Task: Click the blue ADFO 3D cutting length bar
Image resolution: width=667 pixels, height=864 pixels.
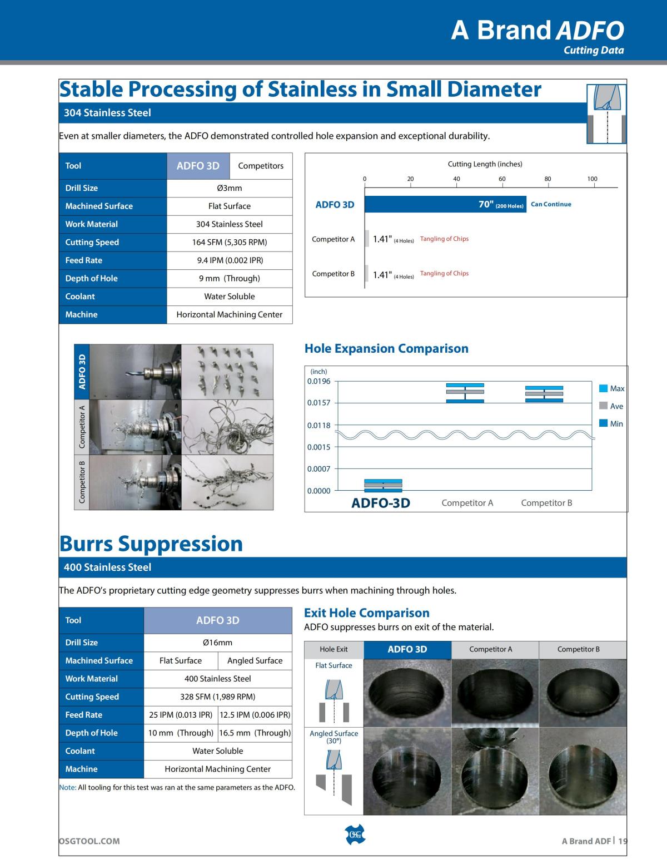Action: pyautogui.click(x=445, y=204)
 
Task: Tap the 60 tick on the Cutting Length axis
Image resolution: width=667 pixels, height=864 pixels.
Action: pyautogui.click(x=502, y=179)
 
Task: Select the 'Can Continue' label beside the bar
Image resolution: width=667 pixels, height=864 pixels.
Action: pyautogui.click(x=551, y=204)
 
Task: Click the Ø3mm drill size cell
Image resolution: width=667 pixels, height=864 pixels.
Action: pyautogui.click(x=230, y=188)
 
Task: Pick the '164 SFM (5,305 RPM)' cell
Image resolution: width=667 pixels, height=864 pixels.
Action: pyautogui.click(x=230, y=242)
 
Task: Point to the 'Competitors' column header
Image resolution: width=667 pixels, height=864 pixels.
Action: pyautogui.click(x=261, y=166)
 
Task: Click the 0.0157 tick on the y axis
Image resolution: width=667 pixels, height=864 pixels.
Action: pyautogui.click(x=318, y=403)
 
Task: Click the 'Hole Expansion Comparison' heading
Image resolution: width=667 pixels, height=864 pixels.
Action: pyautogui.click(x=386, y=349)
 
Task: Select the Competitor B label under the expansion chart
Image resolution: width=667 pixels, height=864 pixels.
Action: pyautogui.click(x=546, y=503)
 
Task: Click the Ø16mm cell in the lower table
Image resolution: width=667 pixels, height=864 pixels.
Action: pyautogui.click(x=218, y=643)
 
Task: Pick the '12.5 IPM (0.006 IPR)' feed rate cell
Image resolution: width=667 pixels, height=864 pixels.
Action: pyautogui.click(x=255, y=715)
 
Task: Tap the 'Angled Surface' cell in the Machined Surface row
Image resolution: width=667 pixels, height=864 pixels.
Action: pyautogui.click(x=255, y=661)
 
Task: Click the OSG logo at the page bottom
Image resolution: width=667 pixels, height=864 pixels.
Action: pyautogui.click(x=356, y=835)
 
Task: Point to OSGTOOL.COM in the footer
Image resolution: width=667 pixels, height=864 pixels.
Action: pyautogui.click(x=89, y=841)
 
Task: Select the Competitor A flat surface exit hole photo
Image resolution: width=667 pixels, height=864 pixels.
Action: pyautogui.click(x=495, y=693)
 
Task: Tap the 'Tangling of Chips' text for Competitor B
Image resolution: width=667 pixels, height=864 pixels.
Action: pyautogui.click(x=444, y=273)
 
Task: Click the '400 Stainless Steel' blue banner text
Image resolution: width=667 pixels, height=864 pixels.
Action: pyautogui.click(x=107, y=567)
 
